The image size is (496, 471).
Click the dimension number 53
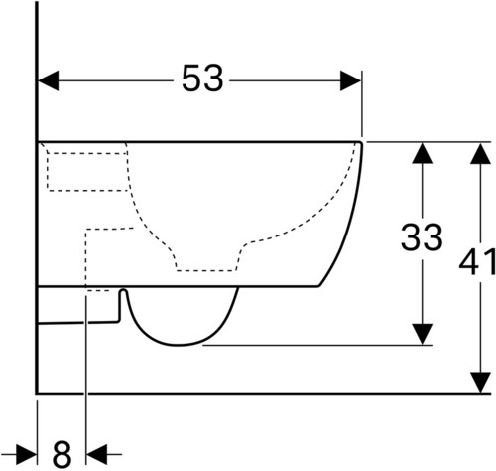click(x=202, y=78)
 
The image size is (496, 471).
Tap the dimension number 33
click(x=422, y=236)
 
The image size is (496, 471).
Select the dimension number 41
click(x=478, y=261)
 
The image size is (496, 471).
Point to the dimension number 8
click(x=62, y=453)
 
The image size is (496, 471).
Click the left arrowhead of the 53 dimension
click(x=49, y=80)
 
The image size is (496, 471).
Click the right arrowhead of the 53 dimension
click(x=350, y=80)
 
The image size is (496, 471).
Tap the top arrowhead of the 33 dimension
click(x=422, y=153)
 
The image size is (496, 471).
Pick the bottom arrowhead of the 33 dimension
click(x=422, y=334)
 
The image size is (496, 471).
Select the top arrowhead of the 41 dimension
click(x=480, y=153)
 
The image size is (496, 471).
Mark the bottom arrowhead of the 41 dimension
click(x=480, y=383)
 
